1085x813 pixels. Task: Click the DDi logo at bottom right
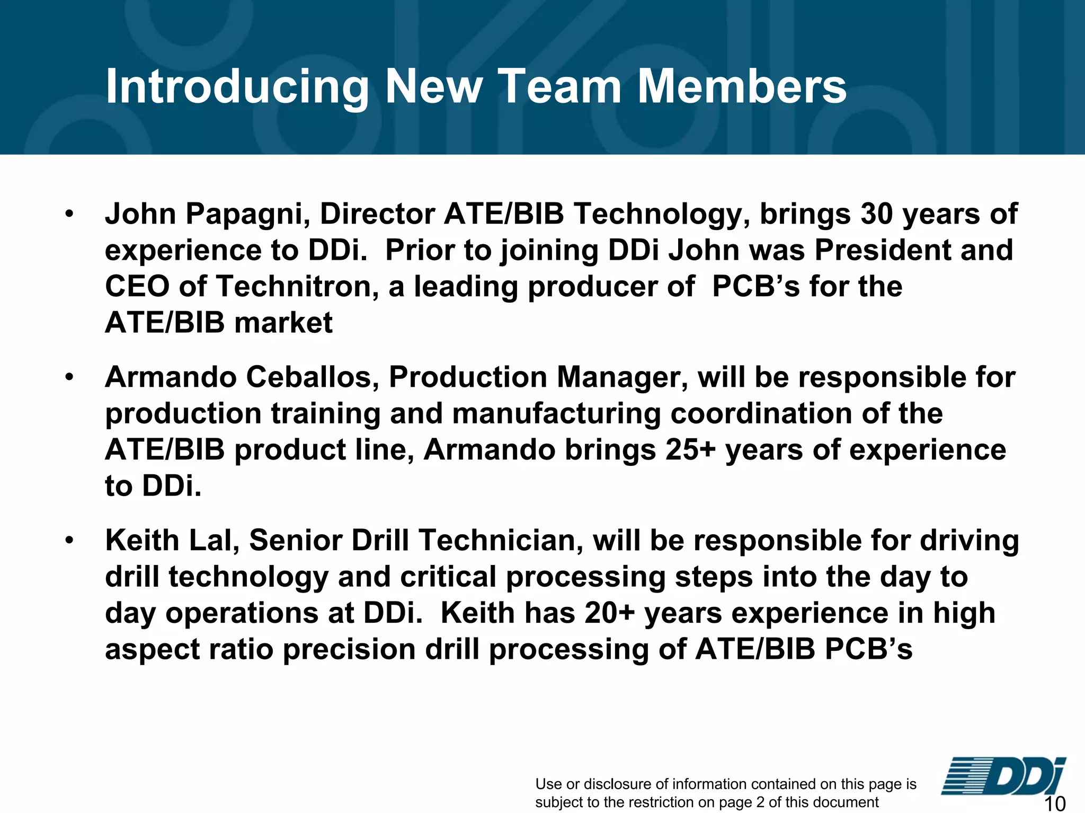[1003, 777]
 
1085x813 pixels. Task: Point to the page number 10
[1054, 803]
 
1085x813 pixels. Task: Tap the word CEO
[137, 287]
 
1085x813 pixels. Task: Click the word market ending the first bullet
[283, 323]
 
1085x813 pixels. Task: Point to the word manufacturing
[556, 414]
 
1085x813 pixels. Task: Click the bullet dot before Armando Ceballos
[69, 377]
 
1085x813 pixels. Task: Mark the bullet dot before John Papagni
[69, 214]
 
